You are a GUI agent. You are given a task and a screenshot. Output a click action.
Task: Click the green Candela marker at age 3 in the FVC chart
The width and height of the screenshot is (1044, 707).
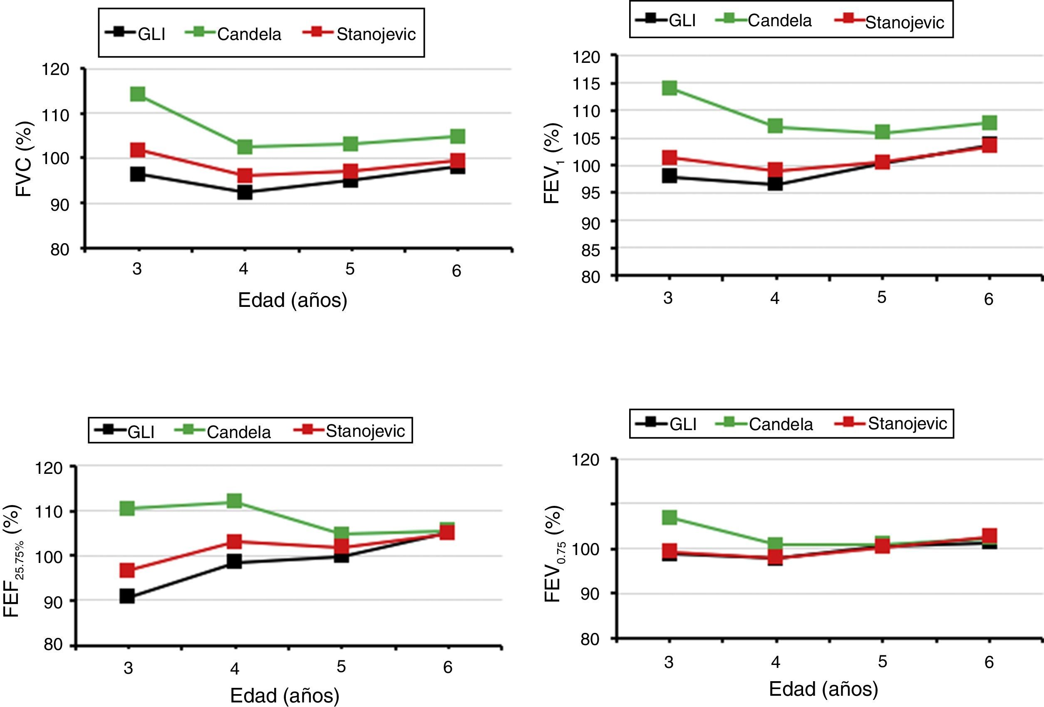[x=137, y=95]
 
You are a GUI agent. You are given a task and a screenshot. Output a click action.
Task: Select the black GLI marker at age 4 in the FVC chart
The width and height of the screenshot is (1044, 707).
[x=244, y=192]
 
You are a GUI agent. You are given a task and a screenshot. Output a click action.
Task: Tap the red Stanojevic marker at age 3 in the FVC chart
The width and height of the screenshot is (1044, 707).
[x=137, y=149]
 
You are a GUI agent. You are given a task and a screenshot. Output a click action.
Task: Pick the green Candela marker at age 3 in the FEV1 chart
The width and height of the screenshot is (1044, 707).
[x=670, y=87]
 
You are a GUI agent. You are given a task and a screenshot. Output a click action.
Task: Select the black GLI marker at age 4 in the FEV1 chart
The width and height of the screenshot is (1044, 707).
[x=775, y=184]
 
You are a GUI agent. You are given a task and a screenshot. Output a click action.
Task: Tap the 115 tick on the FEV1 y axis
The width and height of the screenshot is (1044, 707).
[x=586, y=84]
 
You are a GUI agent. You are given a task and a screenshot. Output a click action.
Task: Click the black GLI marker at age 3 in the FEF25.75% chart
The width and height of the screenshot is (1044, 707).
[x=127, y=596]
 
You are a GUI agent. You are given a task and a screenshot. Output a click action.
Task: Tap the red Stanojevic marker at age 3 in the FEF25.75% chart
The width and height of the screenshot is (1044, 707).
[x=127, y=570]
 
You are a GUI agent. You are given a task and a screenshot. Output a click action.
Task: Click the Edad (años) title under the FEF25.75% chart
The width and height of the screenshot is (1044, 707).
[x=284, y=695]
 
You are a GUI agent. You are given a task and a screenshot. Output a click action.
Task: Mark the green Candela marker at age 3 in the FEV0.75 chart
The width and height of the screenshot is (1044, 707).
[x=670, y=517]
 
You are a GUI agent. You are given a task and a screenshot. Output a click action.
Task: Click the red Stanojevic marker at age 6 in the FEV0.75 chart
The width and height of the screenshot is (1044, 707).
[x=989, y=535]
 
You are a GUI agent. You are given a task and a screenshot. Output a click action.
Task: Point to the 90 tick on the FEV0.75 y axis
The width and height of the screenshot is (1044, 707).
[x=589, y=594]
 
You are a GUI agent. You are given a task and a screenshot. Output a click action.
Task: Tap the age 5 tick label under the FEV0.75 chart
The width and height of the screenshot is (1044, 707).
[x=882, y=662]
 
